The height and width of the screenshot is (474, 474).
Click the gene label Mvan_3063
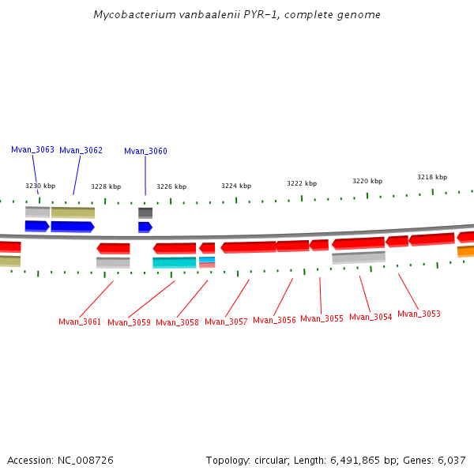32,149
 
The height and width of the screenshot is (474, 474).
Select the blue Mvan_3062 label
81,150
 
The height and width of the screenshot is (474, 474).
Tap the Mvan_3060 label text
145,151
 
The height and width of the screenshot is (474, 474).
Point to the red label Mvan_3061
80,322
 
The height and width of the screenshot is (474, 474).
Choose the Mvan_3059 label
129,322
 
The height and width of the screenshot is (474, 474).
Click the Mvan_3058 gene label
177,322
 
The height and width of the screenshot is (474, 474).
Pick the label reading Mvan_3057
226,322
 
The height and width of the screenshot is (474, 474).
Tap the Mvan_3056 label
274,320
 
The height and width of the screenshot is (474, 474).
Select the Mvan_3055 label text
322,318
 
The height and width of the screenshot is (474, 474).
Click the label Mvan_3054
371,317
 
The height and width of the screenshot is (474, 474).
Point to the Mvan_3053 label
419,314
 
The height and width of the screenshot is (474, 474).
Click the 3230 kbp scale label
40,186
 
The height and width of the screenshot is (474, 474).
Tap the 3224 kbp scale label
236,186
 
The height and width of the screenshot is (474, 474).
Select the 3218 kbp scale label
432,177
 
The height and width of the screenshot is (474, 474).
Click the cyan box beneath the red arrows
174,262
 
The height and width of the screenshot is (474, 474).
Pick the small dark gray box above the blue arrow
145,213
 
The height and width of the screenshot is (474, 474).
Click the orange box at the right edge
465,251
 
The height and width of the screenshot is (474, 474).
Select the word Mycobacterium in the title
130,15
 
